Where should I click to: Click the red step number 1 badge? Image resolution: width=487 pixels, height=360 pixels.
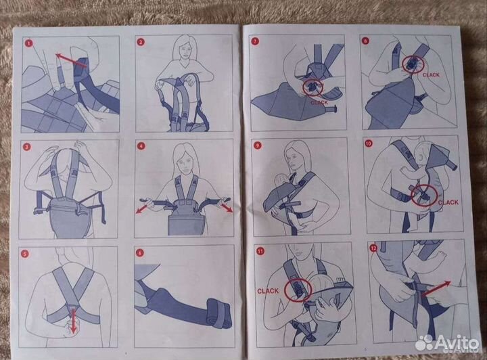click(x=29, y=43)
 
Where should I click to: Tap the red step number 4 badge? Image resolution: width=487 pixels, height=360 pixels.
click(x=141, y=146)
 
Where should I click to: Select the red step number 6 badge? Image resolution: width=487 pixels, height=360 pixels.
click(x=140, y=253)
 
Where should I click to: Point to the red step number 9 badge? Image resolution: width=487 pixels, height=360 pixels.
click(x=257, y=145)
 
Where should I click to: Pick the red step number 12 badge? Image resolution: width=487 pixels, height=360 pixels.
click(x=373, y=248)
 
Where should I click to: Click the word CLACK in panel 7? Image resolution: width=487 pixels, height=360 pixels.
click(x=319, y=102)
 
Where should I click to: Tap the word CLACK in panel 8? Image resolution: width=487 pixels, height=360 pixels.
click(x=431, y=75)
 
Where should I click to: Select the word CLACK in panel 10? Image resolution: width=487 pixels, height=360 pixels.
click(x=448, y=202)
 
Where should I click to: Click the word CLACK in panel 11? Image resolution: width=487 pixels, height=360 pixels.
click(x=268, y=291)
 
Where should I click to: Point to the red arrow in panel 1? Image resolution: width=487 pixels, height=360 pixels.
click(x=71, y=60)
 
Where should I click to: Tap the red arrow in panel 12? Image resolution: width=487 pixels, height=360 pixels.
click(x=436, y=289)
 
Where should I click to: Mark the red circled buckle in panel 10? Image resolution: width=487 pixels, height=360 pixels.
click(x=424, y=196)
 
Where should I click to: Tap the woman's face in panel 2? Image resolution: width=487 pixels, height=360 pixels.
click(x=186, y=50)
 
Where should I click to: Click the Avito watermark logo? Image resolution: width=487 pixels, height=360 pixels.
click(x=446, y=343)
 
